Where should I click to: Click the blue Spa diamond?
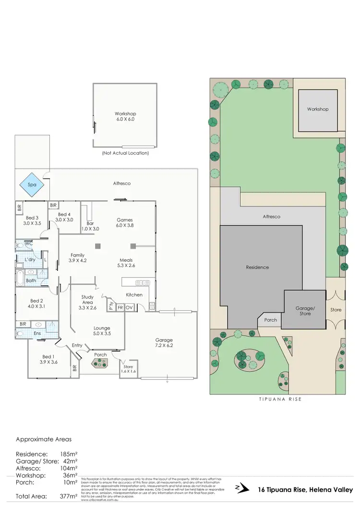pos(32,184)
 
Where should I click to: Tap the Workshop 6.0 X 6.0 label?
pos(125,116)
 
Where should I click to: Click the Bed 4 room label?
pos(64,217)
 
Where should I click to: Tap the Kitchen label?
pos(134,294)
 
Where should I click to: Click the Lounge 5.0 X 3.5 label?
pos(101,330)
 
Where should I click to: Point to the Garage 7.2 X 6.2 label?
pos(164,342)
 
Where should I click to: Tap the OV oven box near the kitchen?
pos(129,307)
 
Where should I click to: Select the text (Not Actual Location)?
pos(125,153)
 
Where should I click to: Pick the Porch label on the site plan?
pos(270,320)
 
